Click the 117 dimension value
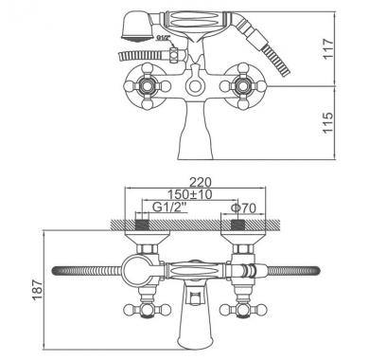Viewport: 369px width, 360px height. (x=328, y=48)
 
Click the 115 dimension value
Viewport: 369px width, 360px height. (x=328, y=123)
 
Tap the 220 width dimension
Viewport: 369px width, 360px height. (x=201, y=182)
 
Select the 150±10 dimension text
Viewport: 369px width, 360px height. (x=189, y=194)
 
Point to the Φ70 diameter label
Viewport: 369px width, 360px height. (x=243, y=207)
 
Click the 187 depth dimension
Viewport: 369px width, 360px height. (x=38, y=290)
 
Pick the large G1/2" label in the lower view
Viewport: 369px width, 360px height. (x=169, y=207)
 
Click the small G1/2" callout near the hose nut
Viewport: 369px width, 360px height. (x=164, y=38)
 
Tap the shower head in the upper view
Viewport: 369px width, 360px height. (x=136, y=27)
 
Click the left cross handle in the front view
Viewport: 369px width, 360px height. (x=148, y=86)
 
